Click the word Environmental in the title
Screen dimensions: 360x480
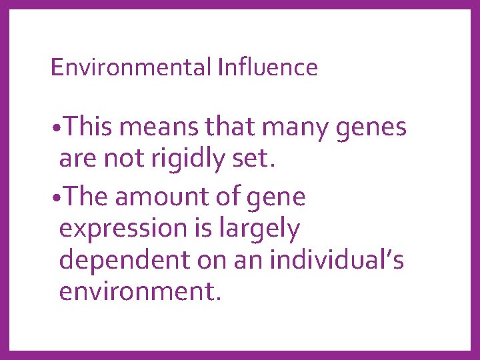click(131, 67)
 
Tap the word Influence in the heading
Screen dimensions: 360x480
click(267, 67)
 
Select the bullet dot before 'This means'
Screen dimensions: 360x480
click(55, 128)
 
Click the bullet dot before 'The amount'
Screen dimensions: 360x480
click(55, 199)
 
